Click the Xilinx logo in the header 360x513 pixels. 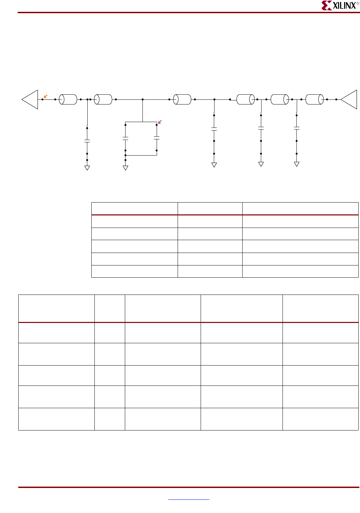340,5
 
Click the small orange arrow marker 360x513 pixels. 46,96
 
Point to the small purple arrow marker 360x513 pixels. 160,122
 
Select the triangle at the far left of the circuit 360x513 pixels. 31,99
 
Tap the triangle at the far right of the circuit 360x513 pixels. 350,99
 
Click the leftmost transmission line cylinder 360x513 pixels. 68,99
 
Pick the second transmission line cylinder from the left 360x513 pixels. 103,99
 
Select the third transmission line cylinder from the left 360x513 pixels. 182,99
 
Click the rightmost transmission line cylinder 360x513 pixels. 315,99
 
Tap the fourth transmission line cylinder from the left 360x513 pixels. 246,99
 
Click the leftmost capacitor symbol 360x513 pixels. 87,141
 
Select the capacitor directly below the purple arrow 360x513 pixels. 157,138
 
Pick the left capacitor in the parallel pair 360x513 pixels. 126,138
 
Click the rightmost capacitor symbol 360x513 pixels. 297,128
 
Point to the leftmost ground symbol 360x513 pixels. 87,168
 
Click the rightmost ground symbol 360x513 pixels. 297,164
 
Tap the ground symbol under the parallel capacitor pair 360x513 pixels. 126,168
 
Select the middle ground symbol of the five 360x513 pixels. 214,165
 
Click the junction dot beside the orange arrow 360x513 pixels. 42,99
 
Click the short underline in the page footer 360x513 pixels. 188,499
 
